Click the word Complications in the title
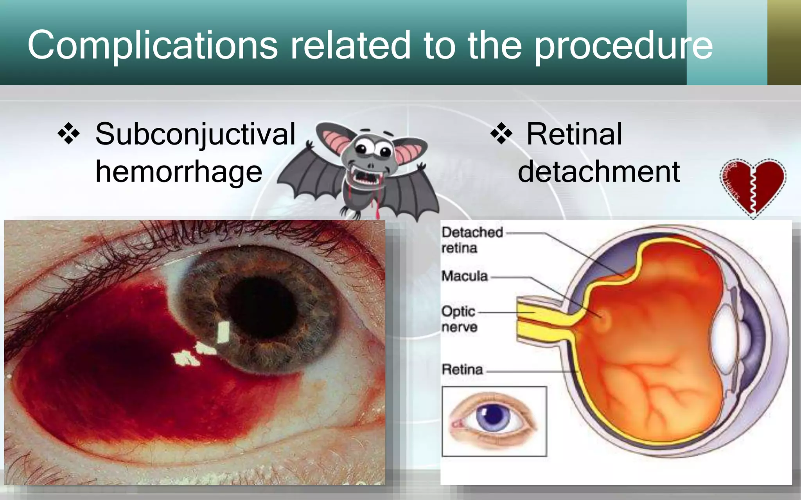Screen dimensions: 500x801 153,46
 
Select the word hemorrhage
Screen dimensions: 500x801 179,172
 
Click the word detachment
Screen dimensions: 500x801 599,172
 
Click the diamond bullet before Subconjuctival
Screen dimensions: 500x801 69,134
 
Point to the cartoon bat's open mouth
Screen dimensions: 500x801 365,178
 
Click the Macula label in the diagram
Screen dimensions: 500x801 465,276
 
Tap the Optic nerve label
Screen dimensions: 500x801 459,319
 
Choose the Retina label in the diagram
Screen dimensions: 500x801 462,370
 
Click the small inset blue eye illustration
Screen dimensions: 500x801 494,421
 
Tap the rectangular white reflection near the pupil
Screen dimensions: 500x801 223,332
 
